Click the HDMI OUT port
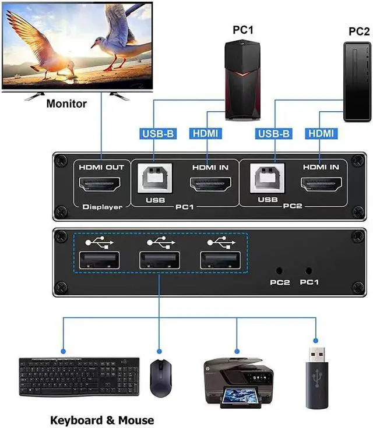click(x=102, y=186)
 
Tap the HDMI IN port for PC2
click(x=320, y=186)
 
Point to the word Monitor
click(x=66, y=104)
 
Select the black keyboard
click(x=79, y=377)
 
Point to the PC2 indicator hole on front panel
click(x=279, y=271)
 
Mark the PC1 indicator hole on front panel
click(x=309, y=271)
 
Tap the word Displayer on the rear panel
click(x=102, y=207)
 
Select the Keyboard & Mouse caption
click(x=102, y=420)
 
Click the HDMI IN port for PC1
click(x=210, y=186)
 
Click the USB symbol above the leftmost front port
click(x=97, y=240)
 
